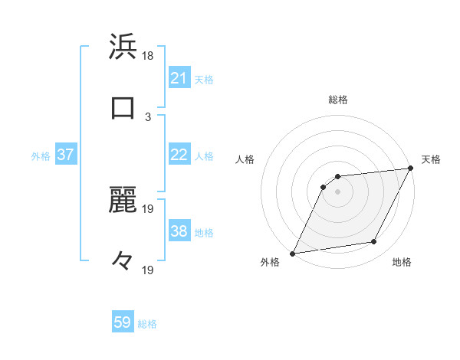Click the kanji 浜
click(x=123, y=47)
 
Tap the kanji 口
click(x=123, y=107)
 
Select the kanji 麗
click(x=123, y=201)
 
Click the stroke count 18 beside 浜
click(x=149, y=56)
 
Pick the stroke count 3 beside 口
click(x=148, y=116)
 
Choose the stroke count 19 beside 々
click(x=149, y=270)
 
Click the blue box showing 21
click(x=179, y=78)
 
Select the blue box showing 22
click(x=179, y=155)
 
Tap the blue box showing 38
click(x=179, y=231)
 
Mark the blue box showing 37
click(x=65, y=155)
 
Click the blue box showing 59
click(x=123, y=323)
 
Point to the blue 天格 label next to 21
click(x=204, y=79)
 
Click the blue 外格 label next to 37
click(x=41, y=155)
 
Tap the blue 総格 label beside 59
click(x=147, y=324)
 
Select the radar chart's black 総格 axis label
click(x=338, y=100)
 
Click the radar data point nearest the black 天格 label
click(x=411, y=169)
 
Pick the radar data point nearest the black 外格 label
click(x=292, y=254)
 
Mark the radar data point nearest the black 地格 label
click(x=374, y=242)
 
